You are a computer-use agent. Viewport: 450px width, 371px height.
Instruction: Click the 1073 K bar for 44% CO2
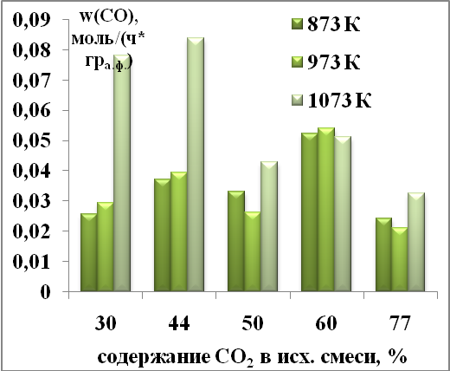(x=196, y=164)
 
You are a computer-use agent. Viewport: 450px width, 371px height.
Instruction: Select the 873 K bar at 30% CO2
(x=89, y=252)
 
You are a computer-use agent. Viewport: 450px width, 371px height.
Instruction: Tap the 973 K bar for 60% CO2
(x=326, y=209)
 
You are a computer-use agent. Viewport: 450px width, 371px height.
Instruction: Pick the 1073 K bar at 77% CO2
(x=416, y=242)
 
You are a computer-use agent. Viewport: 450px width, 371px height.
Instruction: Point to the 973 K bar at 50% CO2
(x=253, y=251)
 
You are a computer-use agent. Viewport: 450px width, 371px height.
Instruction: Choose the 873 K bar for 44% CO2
(x=163, y=235)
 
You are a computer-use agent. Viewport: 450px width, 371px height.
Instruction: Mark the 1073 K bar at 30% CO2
(x=122, y=172)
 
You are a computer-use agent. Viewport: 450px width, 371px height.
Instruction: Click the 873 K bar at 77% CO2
(x=383, y=254)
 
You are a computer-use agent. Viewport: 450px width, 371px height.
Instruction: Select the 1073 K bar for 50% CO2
(x=269, y=226)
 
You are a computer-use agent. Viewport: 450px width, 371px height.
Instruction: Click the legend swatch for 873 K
(x=297, y=24)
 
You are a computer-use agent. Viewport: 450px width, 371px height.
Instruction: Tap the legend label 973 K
(x=334, y=62)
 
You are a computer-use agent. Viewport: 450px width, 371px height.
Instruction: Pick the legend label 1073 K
(x=339, y=101)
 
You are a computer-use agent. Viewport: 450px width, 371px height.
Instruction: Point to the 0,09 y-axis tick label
(x=31, y=21)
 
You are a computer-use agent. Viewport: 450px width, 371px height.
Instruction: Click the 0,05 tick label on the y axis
(x=31, y=141)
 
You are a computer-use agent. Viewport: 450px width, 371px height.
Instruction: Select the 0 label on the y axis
(x=45, y=292)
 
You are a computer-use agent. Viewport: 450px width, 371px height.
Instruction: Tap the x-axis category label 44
(x=179, y=323)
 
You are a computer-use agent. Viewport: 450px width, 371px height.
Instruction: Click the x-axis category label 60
(x=326, y=323)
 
